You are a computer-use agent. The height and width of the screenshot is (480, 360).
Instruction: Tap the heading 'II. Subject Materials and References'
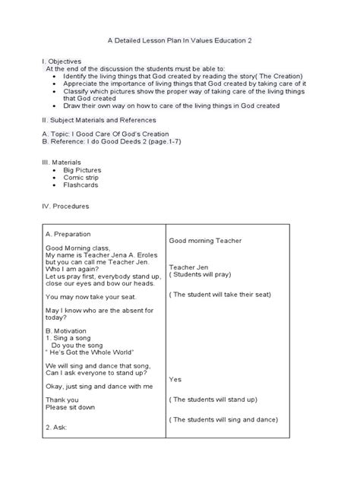tap(99, 119)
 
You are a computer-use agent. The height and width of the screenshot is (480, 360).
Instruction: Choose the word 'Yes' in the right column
tap(175, 378)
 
